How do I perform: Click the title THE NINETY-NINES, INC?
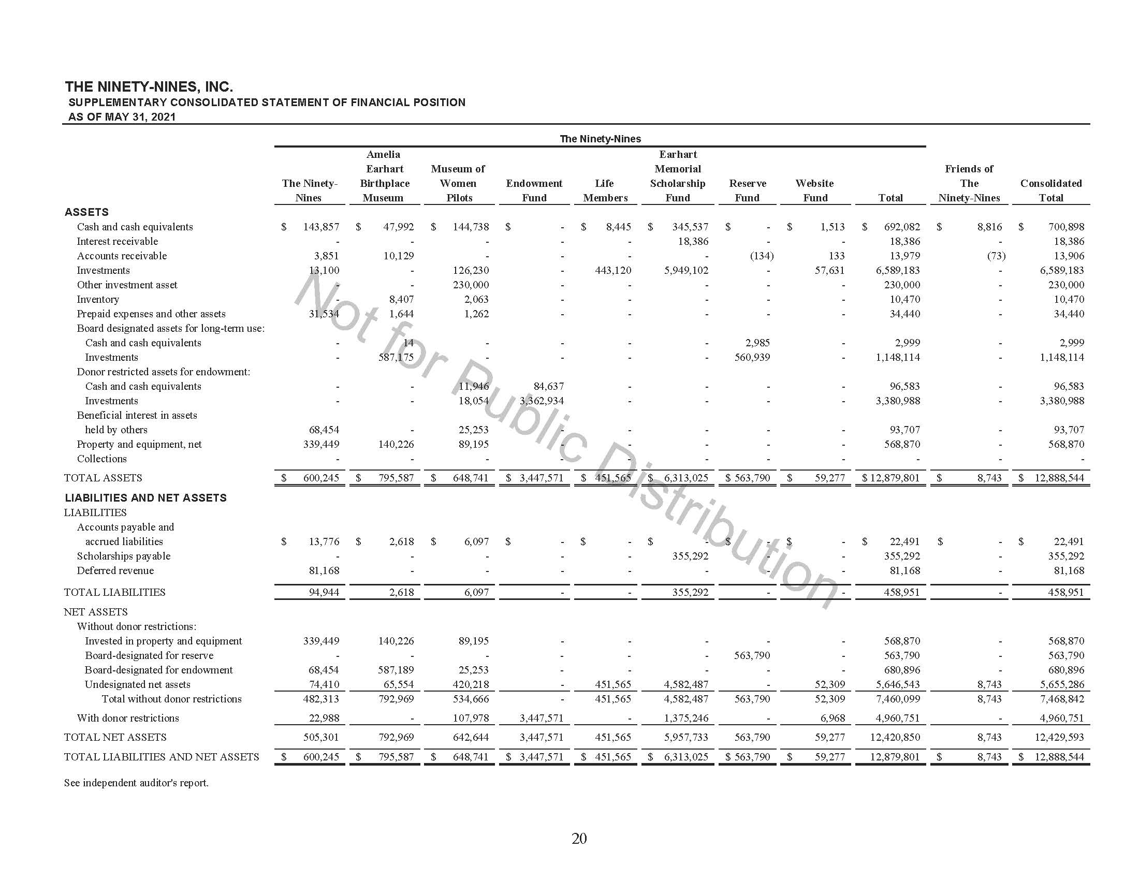[149, 86]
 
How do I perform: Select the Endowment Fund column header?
[534, 190]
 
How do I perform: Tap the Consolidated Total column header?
[1051, 190]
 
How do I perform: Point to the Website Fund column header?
[814, 190]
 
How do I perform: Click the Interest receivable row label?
[118, 241]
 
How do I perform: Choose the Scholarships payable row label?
[124, 556]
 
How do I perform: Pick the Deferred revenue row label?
[115, 571]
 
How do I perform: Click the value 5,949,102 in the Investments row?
[686, 271]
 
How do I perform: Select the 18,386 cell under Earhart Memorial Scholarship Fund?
[693, 241]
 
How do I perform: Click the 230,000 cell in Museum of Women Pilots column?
[471, 285]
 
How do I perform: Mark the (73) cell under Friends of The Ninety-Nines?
[996, 256]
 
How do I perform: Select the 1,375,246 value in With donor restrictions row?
[686, 718]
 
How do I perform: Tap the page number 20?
[579, 838]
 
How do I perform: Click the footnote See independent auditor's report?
[136, 783]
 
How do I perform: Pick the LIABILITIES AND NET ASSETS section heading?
[145, 498]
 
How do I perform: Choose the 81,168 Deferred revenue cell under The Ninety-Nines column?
[324, 571]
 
